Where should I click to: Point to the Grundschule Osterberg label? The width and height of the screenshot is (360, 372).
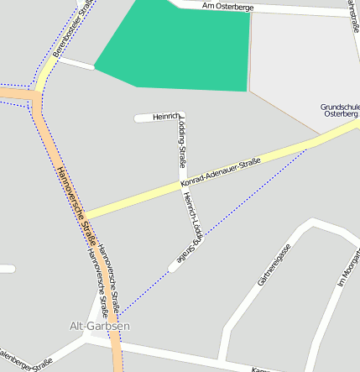[339, 111]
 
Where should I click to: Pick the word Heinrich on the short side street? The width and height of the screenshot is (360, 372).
[165, 116]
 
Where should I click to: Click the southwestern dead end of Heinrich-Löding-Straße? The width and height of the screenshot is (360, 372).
[173, 266]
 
